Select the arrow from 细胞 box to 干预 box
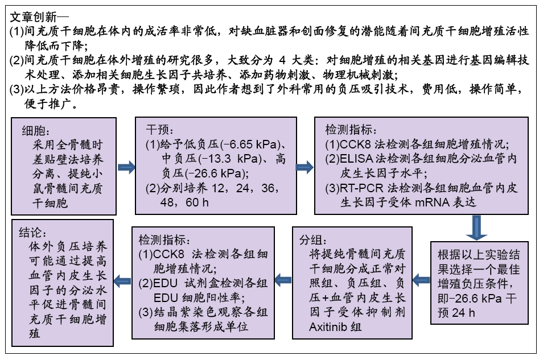pos(126,167)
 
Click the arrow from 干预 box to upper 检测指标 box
pos(305,167)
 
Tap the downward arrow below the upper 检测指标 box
pos(476,227)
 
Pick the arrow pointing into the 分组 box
pos(421,280)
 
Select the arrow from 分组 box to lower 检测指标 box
pos(283,280)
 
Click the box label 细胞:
pos(36,131)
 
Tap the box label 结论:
pos(32,233)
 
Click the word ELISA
pos(356,159)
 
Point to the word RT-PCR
pos(361,188)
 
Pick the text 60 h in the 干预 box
pos(197,202)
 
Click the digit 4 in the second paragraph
pos(282,60)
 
